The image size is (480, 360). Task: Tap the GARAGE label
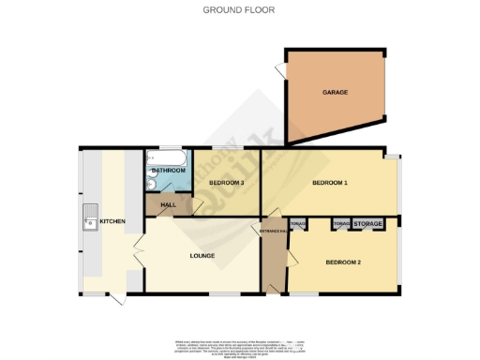(336, 93)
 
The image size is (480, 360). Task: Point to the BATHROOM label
(170, 171)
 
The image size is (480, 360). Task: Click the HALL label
(169, 204)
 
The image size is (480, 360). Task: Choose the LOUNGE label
(202, 255)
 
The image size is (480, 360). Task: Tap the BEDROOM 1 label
(330, 182)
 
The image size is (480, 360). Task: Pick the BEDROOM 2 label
(342, 262)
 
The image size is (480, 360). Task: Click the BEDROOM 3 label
(227, 182)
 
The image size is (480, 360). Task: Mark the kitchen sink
(91, 221)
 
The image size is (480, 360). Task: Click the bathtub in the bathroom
(167, 157)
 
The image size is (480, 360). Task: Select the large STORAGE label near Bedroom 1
(367, 224)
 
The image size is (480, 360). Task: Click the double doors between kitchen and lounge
(140, 251)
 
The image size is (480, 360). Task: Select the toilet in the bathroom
(152, 185)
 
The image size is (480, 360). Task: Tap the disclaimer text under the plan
(239, 346)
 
